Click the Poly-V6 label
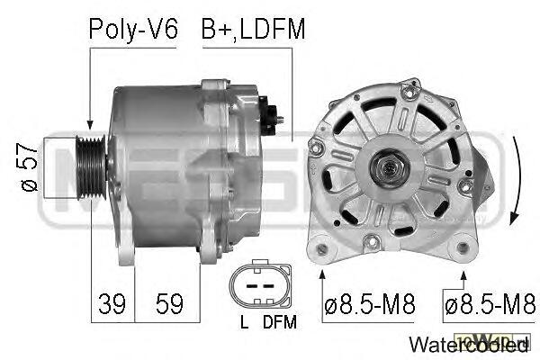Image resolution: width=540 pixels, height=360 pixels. [x=133, y=30]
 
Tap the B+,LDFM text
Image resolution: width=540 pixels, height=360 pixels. [x=253, y=30]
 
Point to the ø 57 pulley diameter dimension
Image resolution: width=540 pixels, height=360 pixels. [x=30, y=167]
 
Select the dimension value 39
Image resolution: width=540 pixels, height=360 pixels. [x=112, y=304]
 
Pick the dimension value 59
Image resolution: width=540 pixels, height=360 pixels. [x=169, y=304]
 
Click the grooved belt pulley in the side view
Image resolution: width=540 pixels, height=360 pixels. [x=91, y=167]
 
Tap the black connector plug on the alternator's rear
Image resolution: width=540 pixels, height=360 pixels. [x=269, y=116]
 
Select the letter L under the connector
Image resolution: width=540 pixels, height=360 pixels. [x=244, y=322]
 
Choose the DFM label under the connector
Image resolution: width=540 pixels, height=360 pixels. [x=279, y=322]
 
